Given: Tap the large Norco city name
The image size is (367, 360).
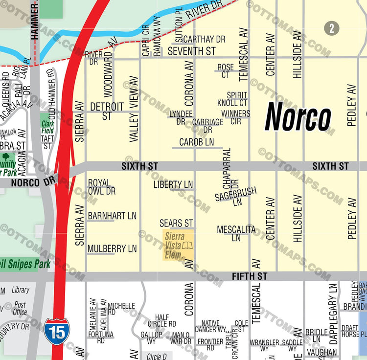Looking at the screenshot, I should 298,118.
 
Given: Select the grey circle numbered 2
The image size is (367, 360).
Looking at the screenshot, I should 331,28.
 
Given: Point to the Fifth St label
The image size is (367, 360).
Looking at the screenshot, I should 250,276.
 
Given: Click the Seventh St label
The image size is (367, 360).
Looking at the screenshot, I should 191,51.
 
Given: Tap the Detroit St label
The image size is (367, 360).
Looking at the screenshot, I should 107,111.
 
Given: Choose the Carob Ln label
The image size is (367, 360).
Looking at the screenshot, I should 196,142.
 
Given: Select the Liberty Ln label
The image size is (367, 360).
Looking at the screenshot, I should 173,184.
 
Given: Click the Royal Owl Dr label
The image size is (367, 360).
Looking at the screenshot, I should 102,187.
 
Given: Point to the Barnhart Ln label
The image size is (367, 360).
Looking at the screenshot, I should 112,215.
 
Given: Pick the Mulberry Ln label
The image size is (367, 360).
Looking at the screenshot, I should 112,248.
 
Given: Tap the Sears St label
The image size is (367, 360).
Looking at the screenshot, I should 176,223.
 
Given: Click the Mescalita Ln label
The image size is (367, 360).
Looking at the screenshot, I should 236,233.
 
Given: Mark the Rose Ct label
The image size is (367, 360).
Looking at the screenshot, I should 226,71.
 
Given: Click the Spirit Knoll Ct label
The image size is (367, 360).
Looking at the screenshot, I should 232,99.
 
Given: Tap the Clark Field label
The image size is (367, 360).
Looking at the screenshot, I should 47,127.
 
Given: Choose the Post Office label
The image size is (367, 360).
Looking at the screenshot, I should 20,309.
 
